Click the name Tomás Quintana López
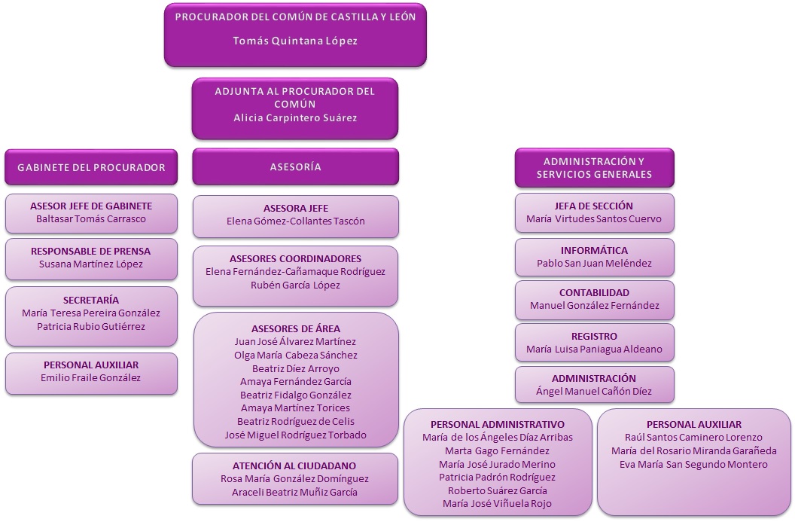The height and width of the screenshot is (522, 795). click(x=295, y=41)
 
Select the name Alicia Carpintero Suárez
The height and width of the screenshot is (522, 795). click(x=295, y=118)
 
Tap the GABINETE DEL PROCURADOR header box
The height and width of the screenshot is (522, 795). click(x=91, y=167)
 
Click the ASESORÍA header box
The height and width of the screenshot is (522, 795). click(x=295, y=167)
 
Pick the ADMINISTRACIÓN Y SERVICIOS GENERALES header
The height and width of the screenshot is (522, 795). click(x=594, y=167)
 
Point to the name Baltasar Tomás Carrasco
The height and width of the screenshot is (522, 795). click(x=91, y=219)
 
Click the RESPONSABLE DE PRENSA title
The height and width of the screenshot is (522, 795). click(x=91, y=251)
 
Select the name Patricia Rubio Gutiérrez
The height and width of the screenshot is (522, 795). click(x=91, y=327)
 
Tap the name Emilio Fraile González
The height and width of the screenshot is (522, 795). click(x=91, y=377)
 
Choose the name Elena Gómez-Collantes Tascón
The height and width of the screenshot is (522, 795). click(x=295, y=221)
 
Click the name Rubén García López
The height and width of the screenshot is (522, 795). click(x=295, y=285)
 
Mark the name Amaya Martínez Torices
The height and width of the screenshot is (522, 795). click(x=295, y=408)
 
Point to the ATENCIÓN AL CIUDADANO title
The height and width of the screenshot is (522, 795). click(x=295, y=466)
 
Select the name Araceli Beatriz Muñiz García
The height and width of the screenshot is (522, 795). click(x=295, y=492)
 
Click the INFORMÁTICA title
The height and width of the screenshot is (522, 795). click(x=594, y=250)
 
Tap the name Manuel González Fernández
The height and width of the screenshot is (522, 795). click(x=594, y=305)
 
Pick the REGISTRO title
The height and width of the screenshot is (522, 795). click(x=594, y=336)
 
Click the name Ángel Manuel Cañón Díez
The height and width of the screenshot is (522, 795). click(x=594, y=391)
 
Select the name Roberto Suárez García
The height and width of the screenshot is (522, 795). click(x=498, y=490)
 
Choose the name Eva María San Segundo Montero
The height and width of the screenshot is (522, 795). click(x=693, y=464)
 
